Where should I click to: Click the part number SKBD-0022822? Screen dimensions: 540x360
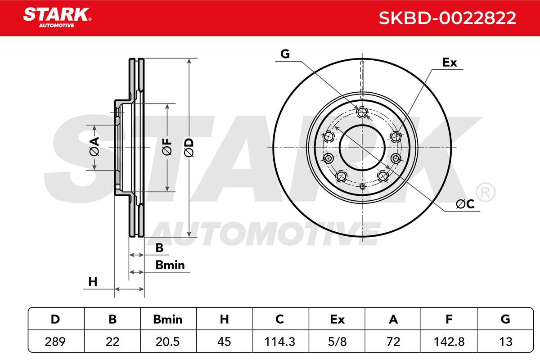[447, 18]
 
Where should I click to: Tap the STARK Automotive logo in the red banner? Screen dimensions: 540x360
[57, 18]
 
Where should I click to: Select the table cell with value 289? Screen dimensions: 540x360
[55, 342]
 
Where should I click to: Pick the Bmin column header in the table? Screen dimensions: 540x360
[168, 319]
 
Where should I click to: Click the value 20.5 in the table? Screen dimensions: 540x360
[168, 342]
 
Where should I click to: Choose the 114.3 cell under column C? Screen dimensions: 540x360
[280, 342]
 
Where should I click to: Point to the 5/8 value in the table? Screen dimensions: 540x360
[337, 342]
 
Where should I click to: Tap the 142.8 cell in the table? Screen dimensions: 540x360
[449, 342]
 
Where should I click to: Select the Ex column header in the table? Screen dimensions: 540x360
[337, 319]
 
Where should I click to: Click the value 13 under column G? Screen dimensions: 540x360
[505, 342]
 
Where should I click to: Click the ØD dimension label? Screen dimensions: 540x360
[189, 148]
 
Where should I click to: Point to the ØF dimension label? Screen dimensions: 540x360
[167, 147]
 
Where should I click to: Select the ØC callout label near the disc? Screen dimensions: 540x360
[465, 204]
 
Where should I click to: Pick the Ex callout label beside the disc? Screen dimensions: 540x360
[450, 63]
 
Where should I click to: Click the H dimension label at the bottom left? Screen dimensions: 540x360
[93, 282]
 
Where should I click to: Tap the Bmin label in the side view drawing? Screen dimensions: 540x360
[170, 265]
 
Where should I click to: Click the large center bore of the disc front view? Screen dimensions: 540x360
[362, 148]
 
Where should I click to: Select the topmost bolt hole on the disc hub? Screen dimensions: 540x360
[362, 112]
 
